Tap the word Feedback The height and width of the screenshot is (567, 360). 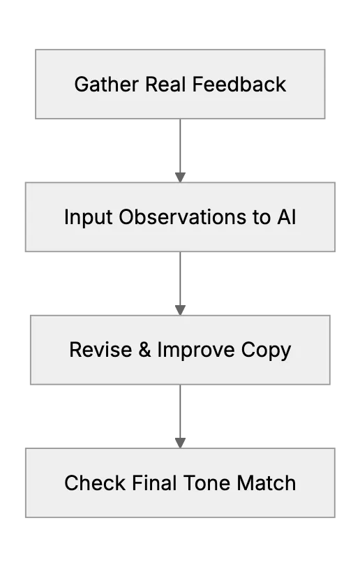pos(239,84)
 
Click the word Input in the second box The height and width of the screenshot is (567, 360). pos(88,218)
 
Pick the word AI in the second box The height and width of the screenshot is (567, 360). pos(287,217)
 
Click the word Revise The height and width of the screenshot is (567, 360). pos(100,350)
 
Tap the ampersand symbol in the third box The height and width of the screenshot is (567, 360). pos(144,350)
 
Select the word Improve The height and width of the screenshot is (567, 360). pos(196,351)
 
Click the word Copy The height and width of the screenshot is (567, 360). pos(266,351)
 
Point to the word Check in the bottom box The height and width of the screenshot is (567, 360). pos(95,483)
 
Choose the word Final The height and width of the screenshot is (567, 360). pos(154,483)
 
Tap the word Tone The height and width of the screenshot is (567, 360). pos(207,483)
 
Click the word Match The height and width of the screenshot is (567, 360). pos(267,483)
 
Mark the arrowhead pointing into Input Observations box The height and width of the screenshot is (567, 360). pos(180,177)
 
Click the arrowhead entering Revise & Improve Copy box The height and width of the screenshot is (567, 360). pos(180,311)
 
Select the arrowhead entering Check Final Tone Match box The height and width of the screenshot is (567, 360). pos(180,443)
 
